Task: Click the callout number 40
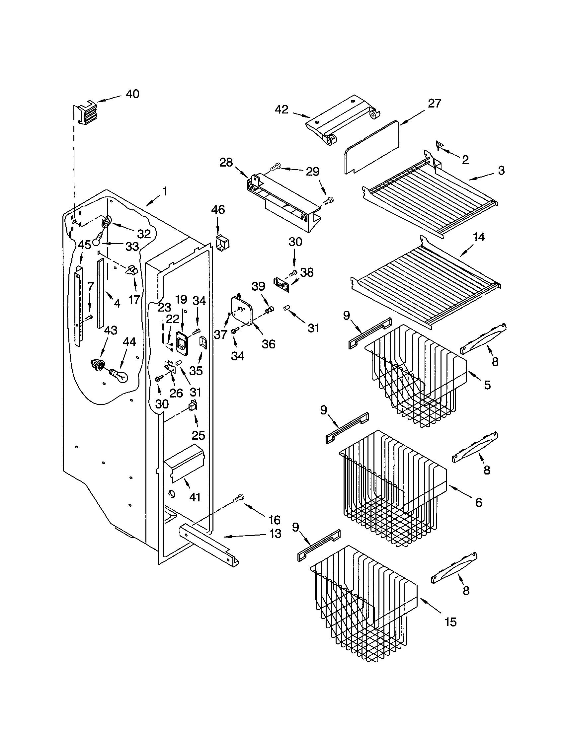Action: pos(132,94)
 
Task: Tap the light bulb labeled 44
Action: pos(119,374)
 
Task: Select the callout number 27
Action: pos(434,103)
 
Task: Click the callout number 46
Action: pos(218,210)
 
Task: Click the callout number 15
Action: pos(450,622)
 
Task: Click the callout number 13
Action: pos(275,534)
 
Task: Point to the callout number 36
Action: pos(268,344)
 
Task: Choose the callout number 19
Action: pos(181,300)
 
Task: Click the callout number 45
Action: pos(84,245)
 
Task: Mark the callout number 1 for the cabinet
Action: pos(165,191)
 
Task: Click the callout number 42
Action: pos(281,109)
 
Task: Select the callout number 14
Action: pos(479,237)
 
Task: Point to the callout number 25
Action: pos(198,435)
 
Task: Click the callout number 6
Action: pos(478,502)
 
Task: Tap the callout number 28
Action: pos(226,163)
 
